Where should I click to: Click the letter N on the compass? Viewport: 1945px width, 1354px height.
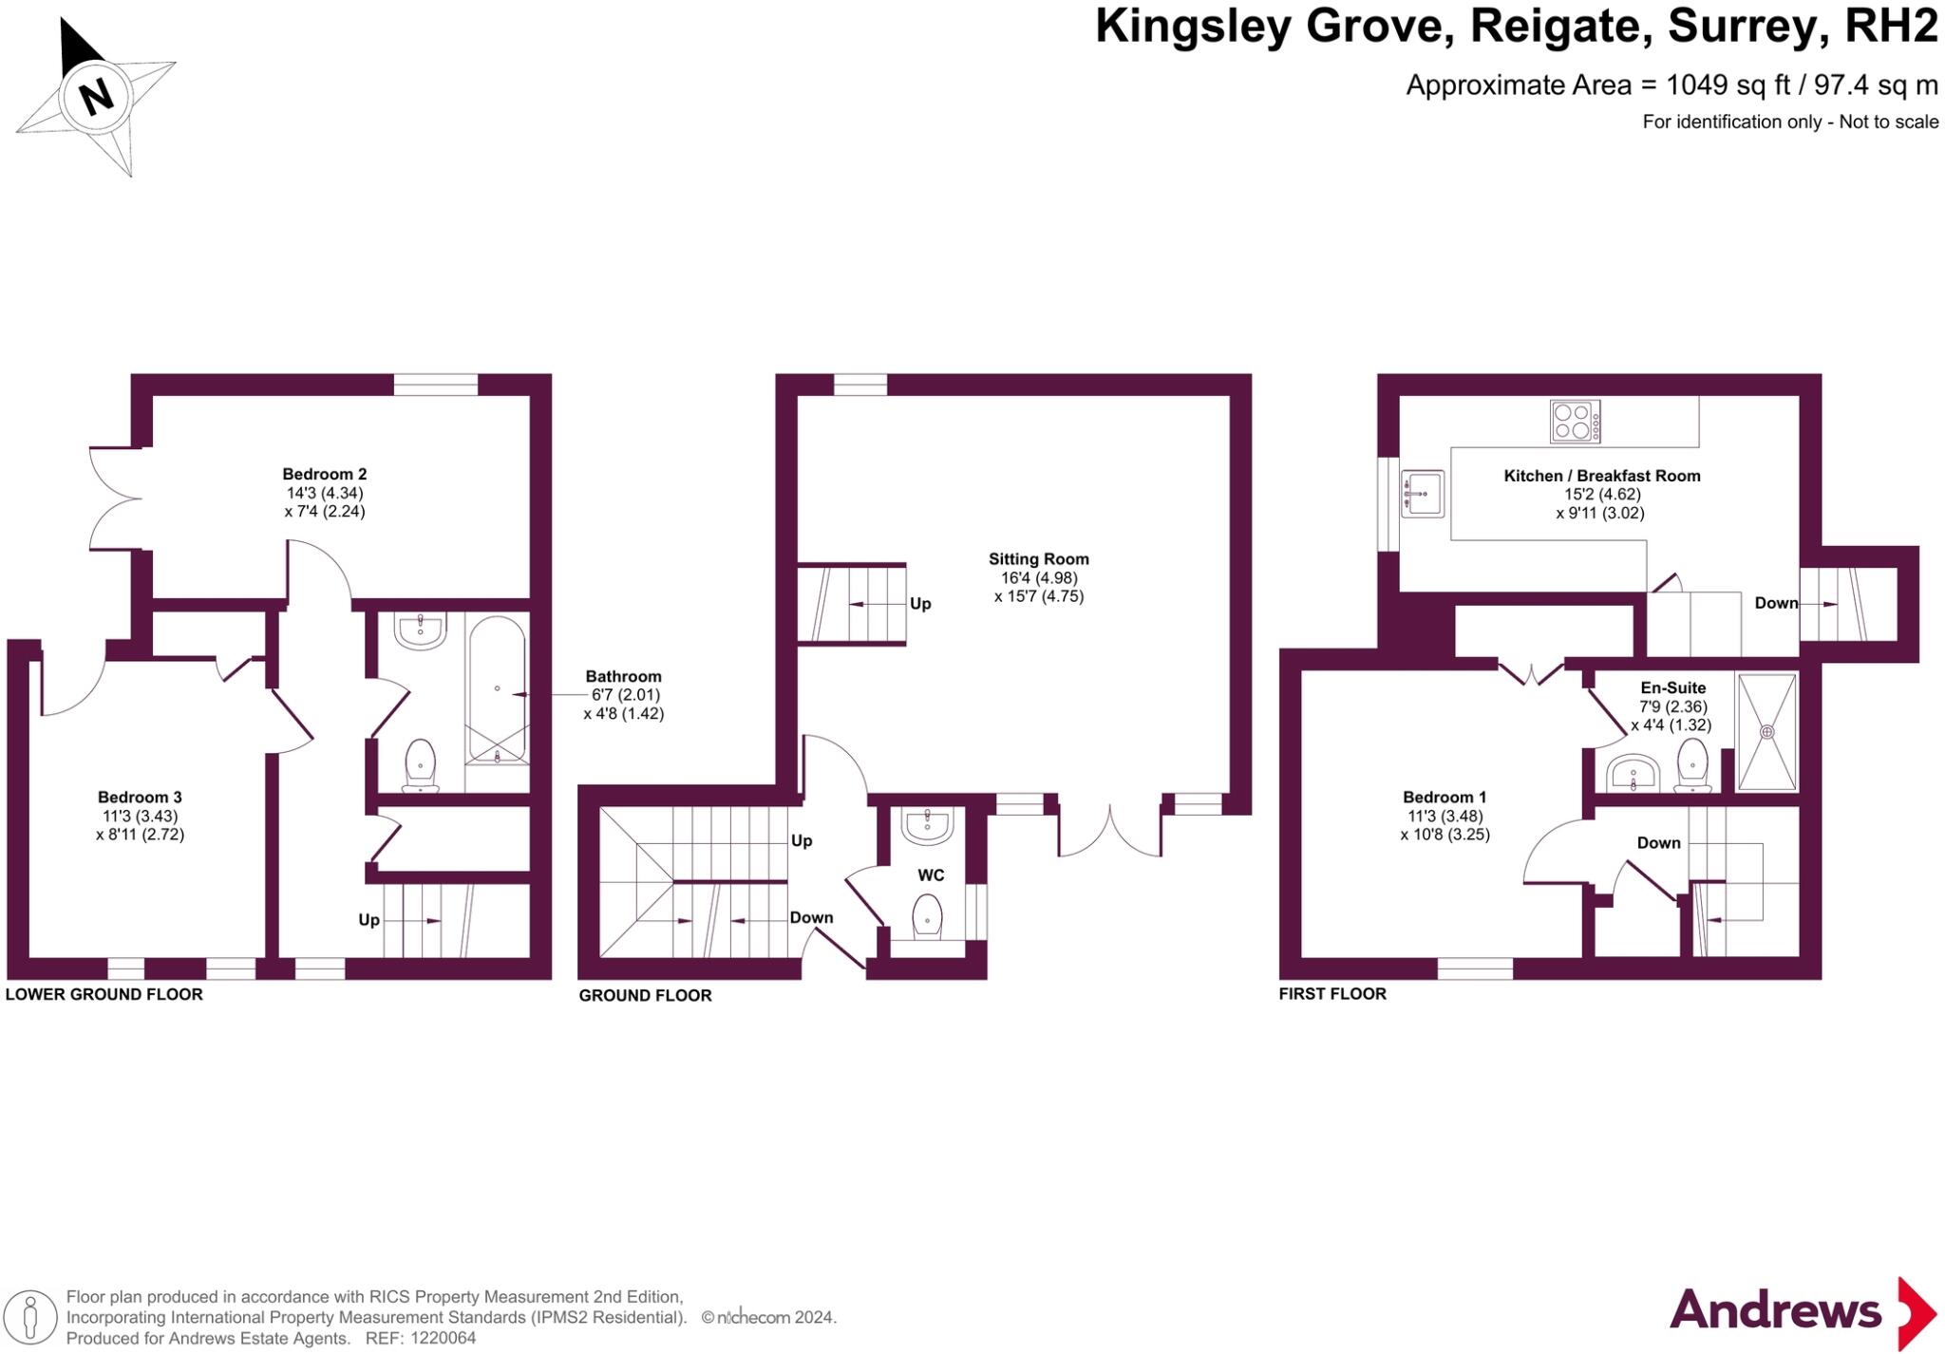coord(96,97)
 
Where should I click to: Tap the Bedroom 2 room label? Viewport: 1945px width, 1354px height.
coord(324,474)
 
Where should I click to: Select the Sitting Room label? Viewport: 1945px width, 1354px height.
coord(1038,559)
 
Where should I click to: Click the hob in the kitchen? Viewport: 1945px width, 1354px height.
coord(1575,422)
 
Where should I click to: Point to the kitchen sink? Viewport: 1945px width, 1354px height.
coord(1422,494)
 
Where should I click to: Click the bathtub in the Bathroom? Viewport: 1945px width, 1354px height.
coord(497,689)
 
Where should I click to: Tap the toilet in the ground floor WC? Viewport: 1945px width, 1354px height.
coord(926,917)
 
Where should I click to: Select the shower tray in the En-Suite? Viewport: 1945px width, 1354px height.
coord(1766,731)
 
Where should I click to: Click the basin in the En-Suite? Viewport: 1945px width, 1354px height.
coord(1633,773)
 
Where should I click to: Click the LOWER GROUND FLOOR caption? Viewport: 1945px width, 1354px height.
coord(104,994)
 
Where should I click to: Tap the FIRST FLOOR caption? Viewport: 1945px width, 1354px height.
coord(1332,993)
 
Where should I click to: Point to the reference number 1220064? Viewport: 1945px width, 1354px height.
coord(443,1338)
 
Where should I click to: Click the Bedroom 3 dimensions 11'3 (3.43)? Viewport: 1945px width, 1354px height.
coord(140,816)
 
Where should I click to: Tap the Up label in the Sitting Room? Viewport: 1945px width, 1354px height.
coord(920,604)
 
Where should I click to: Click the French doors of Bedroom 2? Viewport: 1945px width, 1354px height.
coord(115,498)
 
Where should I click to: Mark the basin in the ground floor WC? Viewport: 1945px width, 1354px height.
coord(927,826)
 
